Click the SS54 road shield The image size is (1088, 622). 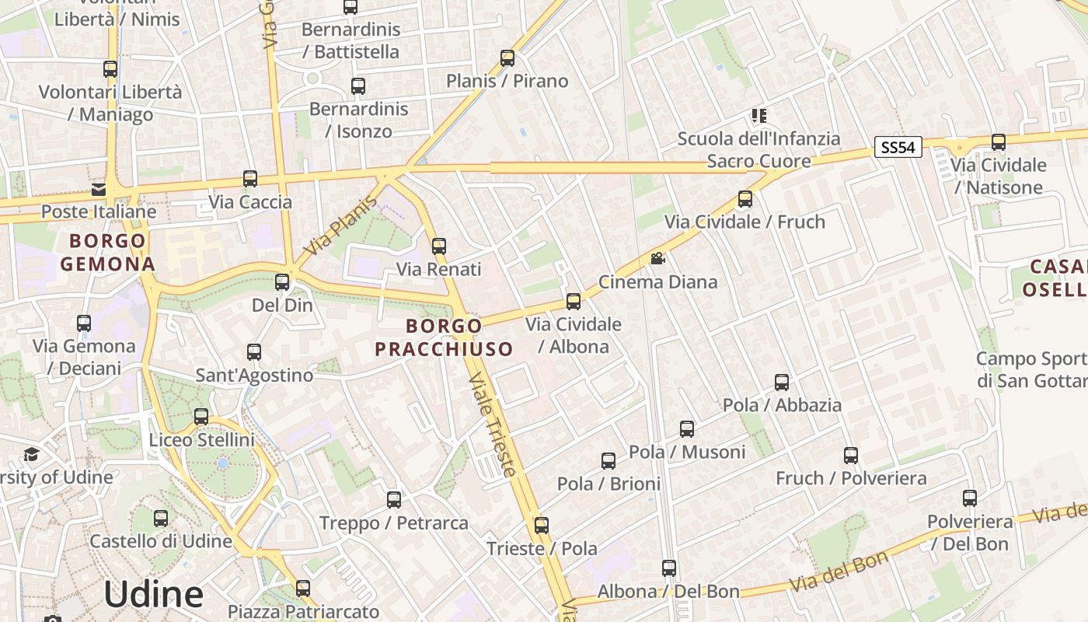click(x=898, y=148)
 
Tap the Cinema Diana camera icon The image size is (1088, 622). click(x=657, y=258)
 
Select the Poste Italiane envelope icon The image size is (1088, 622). click(x=99, y=189)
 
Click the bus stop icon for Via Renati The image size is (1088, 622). click(x=439, y=246)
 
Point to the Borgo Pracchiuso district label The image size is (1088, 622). click(x=444, y=337)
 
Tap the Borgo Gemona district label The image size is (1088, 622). click(x=107, y=252)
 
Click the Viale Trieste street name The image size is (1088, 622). click(x=491, y=425)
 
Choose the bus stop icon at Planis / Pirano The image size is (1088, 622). click(x=507, y=58)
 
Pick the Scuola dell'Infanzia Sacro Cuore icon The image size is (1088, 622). click(x=758, y=117)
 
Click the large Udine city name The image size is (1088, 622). click(x=153, y=595)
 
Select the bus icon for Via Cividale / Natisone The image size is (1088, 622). click(x=999, y=142)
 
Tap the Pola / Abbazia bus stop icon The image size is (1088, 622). click(x=782, y=383)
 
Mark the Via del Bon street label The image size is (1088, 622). click(x=839, y=571)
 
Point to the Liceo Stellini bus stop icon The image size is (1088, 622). click(x=201, y=417)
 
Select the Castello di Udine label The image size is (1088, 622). click(x=161, y=541)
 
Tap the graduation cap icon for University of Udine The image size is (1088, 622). click(x=31, y=454)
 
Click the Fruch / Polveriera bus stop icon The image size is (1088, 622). click(x=851, y=456)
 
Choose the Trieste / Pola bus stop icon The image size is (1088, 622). click(x=542, y=526)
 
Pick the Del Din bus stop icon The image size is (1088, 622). click(x=282, y=282)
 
